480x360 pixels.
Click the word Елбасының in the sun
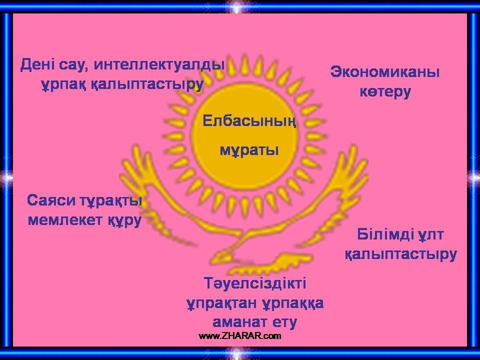pos(249,121)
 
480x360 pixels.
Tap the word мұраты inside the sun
pos(249,150)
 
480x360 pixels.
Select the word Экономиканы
pos(385,72)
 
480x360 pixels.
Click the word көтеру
pos(385,91)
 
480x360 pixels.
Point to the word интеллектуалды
pos(159,65)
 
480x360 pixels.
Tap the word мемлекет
pos(66,220)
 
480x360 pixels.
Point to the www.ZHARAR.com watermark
pos(239,336)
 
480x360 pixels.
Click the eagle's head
pos(221,256)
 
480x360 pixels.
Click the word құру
pos(125,220)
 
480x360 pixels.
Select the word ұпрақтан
pos(222,303)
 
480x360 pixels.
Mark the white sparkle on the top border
pos(239,6)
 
